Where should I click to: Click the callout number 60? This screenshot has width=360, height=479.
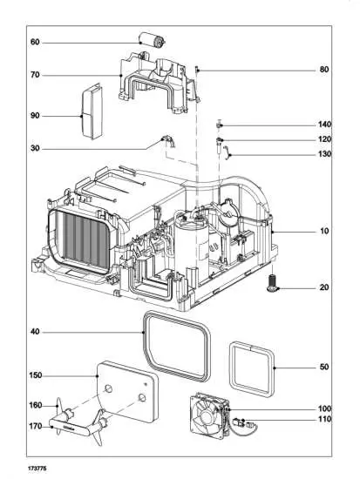(35, 42)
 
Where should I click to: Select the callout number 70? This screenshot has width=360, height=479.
(35, 76)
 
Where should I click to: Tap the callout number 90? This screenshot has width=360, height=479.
(35, 116)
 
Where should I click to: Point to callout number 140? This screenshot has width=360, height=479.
(324, 125)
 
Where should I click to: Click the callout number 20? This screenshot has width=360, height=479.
(324, 287)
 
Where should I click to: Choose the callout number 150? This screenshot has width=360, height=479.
(35, 375)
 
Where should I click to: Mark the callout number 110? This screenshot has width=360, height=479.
(324, 421)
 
